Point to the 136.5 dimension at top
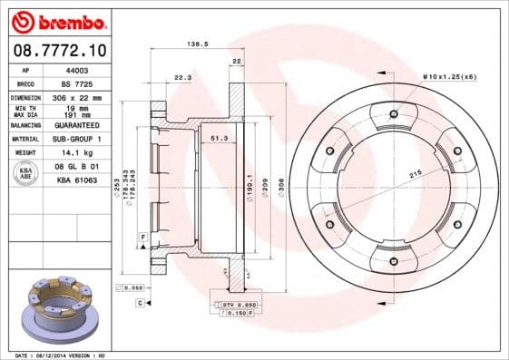pyautogui.click(x=194, y=43)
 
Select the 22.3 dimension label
pyautogui.click(x=182, y=77)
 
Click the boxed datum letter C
pyautogui.click(x=140, y=302)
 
